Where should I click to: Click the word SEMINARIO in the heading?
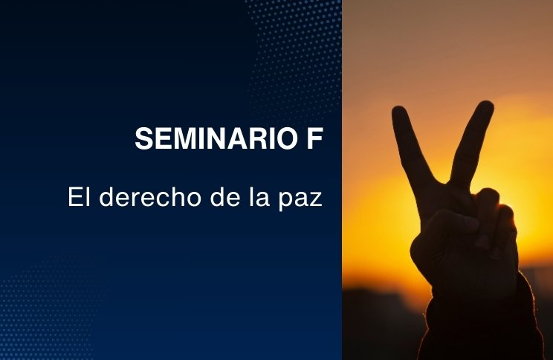point(216,138)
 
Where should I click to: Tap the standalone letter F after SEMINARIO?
point(314,138)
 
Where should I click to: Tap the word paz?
point(300,199)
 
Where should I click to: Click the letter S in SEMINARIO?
point(145,138)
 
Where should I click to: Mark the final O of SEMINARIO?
point(285,138)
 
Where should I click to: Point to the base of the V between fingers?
point(447,183)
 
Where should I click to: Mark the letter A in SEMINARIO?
point(247,138)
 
